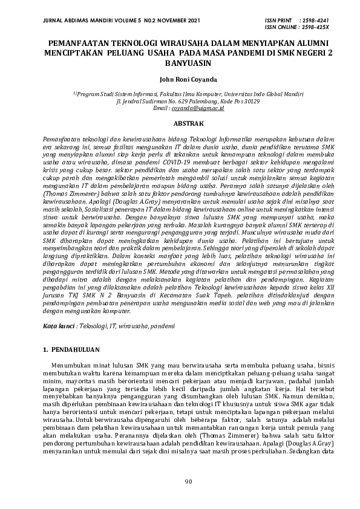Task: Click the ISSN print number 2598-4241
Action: tap(315, 20)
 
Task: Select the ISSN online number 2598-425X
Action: tap(316, 27)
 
